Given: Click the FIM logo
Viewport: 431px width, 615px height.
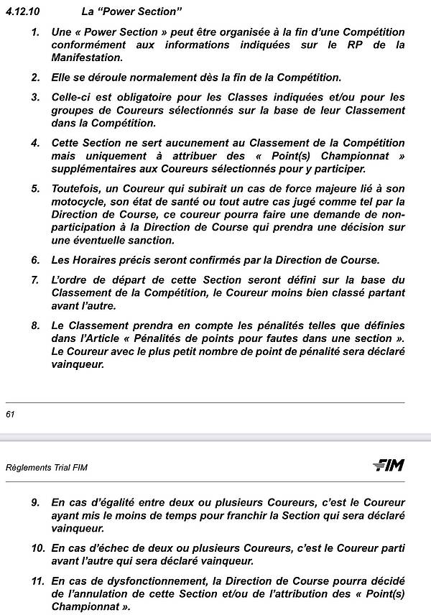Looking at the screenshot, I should coord(389,466).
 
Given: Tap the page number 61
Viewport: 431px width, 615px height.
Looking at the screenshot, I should coord(10,414).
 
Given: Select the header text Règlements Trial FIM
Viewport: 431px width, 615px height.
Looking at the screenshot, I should coord(46,467).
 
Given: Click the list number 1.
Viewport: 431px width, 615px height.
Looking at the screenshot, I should coord(35,33).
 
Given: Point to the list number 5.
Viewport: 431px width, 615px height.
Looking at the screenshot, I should coord(35,189).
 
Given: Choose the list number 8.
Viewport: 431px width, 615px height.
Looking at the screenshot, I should coord(35,325).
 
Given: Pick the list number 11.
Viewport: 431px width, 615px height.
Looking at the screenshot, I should coord(37,580).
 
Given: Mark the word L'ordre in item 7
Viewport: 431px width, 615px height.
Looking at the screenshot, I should coord(70,279).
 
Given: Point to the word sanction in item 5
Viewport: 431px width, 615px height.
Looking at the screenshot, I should coord(149,241).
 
